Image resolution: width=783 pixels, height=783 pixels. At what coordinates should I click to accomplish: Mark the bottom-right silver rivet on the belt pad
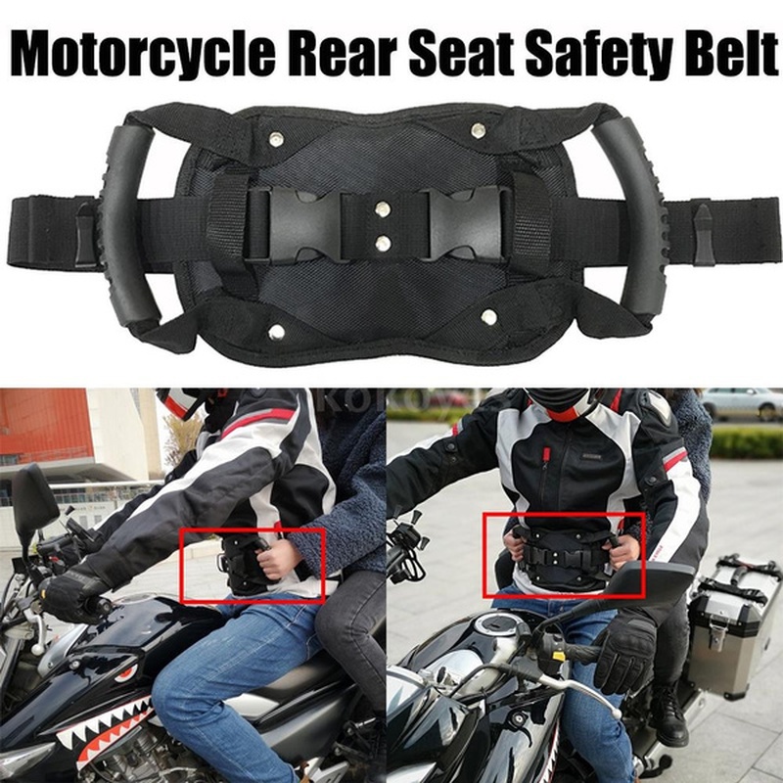pyautogui.click(x=487, y=317)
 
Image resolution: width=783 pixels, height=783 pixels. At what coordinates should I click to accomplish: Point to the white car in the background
pyautogui.click(x=742, y=401)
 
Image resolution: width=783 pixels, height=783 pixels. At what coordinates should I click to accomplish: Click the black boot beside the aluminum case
pyautogui.click(x=671, y=714)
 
